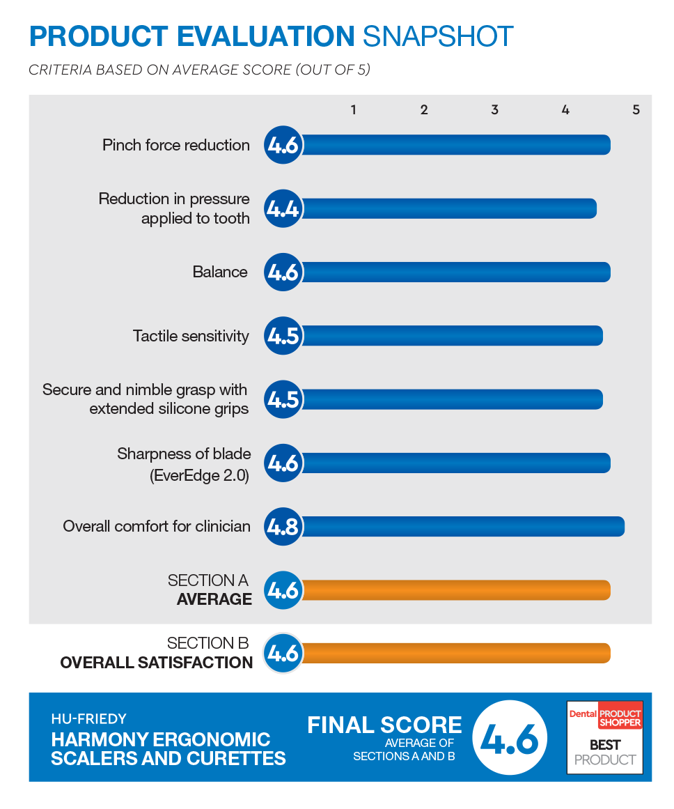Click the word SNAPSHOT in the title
pyautogui.click(x=438, y=36)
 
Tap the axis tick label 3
pyautogui.click(x=494, y=109)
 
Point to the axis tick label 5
pyautogui.click(x=636, y=109)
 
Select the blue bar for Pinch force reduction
pyautogui.click(x=456, y=145)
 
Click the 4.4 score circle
pyautogui.click(x=283, y=209)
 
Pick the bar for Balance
pyautogui.click(x=456, y=272)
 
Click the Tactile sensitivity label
pyautogui.click(x=191, y=336)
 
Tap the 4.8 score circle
pyautogui.click(x=283, y=527)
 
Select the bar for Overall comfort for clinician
pyautogui.click(x=463, y=527)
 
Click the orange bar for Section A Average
pyautogui.click(x=456, y=590)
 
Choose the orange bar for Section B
pyautogui.click(x=456, y=653)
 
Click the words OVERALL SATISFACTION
pyautogui.click(x=156, y=663)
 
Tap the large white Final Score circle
pyautogui.click(x=510, y=738)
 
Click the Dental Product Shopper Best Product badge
pyautogui.click(x=605, y=737)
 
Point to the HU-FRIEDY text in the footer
pyautogui.click(x=88, y=718)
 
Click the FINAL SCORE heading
pyautogui.click(x=384, y=725)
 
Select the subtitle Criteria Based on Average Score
pyautogui.click(x=199, y=70)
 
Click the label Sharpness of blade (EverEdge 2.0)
pyautogui.click(x=184, y=464)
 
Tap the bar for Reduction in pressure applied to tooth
pyautogui.click(x=449, y=209)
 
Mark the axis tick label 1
pyautogui.click(x=353, y=109)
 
